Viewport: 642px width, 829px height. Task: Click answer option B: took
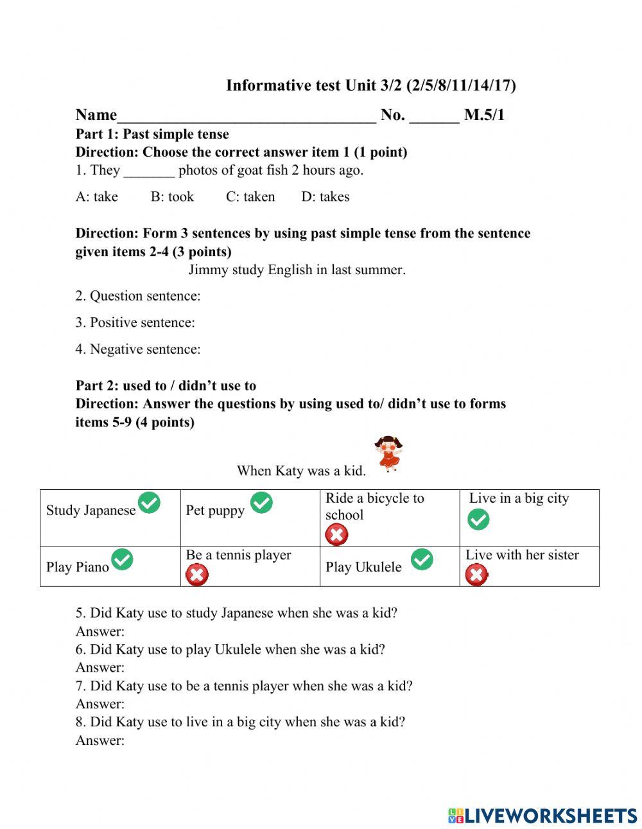[172, 196]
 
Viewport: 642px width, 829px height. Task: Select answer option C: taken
[250, 196]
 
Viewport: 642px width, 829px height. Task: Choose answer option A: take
[96, 196]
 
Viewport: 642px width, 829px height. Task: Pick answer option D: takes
[325, 196]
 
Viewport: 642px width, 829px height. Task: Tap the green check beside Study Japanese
[149, 503]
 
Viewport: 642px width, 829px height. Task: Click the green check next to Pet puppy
[261, 503]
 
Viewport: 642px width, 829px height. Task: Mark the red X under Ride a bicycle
[336, 534]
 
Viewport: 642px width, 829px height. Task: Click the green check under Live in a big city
[478, 519]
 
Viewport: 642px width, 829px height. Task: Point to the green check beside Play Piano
[122, 560]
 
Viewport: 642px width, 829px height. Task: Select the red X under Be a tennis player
[196, 575]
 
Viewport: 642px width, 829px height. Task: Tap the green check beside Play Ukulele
[422, 559]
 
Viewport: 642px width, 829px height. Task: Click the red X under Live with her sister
[476, 575]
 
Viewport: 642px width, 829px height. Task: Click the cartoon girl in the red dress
[388, 453]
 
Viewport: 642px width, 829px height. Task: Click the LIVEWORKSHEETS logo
[542, 816]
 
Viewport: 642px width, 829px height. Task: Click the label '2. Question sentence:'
[138, 296]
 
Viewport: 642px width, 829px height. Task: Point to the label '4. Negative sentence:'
[138, 349]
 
